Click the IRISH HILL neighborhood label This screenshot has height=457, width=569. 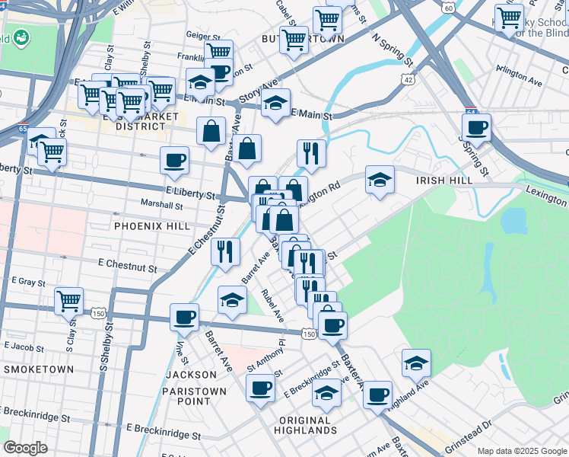444,181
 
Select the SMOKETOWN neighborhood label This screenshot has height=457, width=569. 39,369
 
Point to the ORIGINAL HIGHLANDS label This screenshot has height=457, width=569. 304,425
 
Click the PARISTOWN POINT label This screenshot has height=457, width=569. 194,396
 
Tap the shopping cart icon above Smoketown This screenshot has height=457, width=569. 68,300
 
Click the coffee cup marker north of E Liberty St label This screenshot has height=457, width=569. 174,161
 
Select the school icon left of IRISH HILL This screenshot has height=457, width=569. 380,180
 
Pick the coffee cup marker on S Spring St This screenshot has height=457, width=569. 476,127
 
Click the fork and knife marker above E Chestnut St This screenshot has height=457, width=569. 225,251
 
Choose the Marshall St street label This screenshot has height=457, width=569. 161,205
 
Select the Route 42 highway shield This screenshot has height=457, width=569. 410,79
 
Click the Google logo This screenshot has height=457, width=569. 25,448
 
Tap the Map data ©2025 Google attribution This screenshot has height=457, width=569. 521,451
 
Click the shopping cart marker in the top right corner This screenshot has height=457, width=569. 508,16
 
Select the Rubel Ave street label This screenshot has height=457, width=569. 272,304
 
